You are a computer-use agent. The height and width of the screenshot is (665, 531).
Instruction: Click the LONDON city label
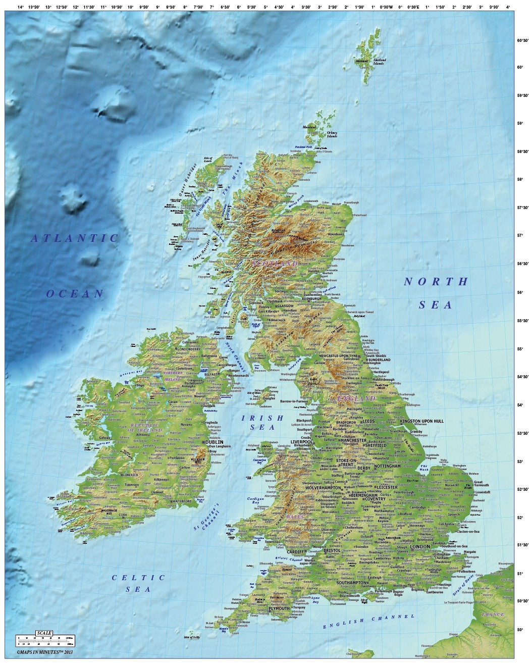click(419, 546)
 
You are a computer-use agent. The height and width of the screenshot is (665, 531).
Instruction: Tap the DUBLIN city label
click(214, 442)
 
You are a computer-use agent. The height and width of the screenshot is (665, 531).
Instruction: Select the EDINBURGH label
click(311, 298)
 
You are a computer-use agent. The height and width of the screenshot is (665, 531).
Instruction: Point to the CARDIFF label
click(296, 552)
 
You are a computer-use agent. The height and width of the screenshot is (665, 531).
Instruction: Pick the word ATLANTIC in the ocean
click(75, 238)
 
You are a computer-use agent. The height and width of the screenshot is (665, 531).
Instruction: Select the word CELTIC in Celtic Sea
click(138, 578)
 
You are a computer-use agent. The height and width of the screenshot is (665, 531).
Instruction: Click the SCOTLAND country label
click(275, 264)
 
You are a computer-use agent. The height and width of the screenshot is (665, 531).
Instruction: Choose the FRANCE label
click(493, 615)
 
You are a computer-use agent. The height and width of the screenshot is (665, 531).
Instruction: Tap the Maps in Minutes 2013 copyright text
click(45, 652)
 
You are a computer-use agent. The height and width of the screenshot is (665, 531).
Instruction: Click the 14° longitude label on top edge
click(20, 7)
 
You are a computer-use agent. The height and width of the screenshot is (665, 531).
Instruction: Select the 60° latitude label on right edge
click(518, 67)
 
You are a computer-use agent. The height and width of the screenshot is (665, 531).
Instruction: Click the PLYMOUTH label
click(279, 608)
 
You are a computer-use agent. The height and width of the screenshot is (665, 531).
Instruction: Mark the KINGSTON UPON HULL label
click(421, 421)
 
